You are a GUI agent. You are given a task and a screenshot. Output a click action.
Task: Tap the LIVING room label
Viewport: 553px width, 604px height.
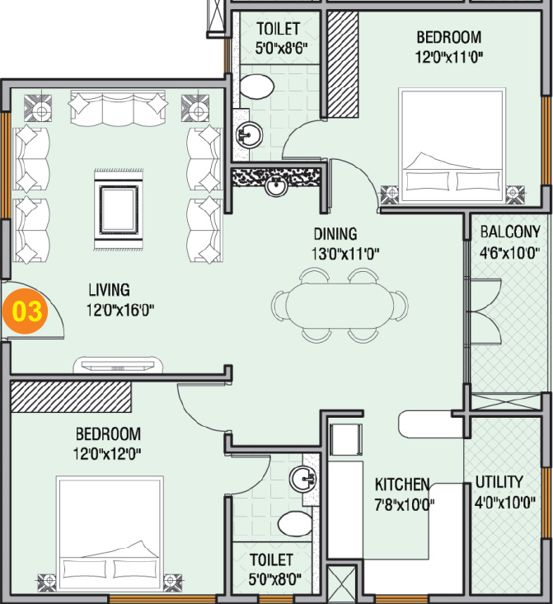tap(109, 290)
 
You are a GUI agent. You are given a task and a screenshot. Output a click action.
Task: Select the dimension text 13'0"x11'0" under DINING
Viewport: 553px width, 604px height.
tap(335, 253)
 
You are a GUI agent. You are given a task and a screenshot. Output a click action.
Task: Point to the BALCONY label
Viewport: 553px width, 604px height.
tap(510, 232)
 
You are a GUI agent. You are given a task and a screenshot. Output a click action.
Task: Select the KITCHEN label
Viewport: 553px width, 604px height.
tap(402, 484)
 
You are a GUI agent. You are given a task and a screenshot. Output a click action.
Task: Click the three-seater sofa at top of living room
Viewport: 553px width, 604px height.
tap(118, 105)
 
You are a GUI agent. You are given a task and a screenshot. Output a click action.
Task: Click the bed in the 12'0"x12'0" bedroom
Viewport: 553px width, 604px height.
tap(109, 535)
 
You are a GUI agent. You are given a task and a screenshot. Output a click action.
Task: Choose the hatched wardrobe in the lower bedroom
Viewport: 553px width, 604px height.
tap(71, 396)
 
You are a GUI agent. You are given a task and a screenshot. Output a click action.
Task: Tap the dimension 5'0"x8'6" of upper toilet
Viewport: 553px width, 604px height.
tap(277, 47)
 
